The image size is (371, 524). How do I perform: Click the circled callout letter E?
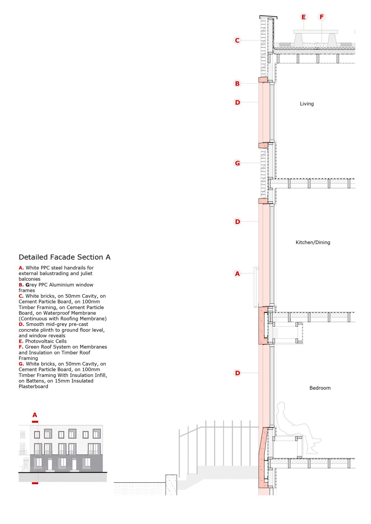[303, 17]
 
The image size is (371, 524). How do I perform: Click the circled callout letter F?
[322, 17]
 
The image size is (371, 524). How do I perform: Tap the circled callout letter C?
[237, 40]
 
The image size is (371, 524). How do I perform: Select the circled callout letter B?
[237, 83]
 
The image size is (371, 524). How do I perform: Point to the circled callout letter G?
[237, 163]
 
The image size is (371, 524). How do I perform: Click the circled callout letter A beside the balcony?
[237, 274]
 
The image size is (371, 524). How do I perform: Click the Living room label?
[307, 104]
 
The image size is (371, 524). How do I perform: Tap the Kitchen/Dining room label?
[313, 242]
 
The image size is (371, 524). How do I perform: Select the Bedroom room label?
[320, 388]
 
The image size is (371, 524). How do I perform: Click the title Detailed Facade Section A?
[64, 257]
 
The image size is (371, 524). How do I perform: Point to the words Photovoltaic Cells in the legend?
[46, 341]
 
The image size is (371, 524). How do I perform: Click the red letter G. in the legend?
[21, 364]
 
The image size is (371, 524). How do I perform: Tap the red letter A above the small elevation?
[35, 415]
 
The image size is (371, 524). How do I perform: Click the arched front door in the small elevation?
[26, 464]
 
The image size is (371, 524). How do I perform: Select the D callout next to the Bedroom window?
[237, 373]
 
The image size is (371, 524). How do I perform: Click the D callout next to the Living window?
[237, 103]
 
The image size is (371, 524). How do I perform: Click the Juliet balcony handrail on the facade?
[256, 287]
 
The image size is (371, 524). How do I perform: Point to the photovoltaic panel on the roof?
[315, 31]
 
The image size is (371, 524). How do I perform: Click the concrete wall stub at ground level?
[171, 484]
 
